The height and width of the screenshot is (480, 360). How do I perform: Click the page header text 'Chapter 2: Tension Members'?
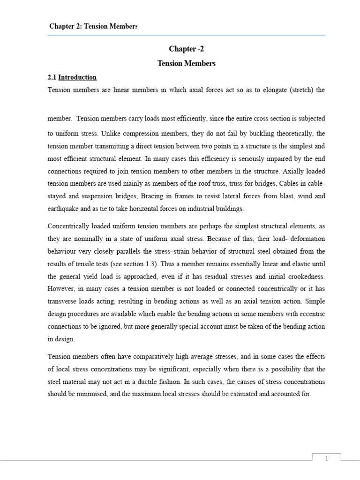93,26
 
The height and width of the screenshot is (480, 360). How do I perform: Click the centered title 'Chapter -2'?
186,49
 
